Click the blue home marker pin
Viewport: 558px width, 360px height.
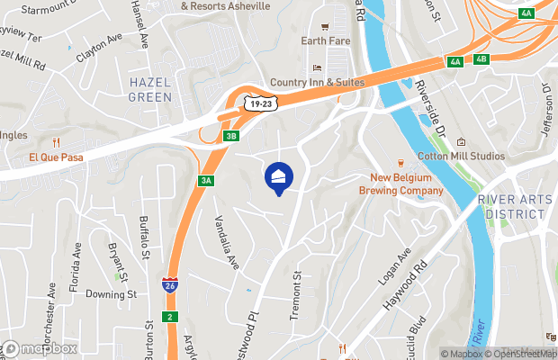click(x=278, y=177)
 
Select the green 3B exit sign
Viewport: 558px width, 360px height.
click(x=231, y=136)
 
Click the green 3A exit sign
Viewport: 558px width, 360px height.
click(x=206, y=181)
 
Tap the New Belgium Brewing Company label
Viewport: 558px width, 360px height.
click(x=401, y=184)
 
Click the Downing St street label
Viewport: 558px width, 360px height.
click(x=111, y=293)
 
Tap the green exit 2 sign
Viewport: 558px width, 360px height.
click(x=168, y=316)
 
